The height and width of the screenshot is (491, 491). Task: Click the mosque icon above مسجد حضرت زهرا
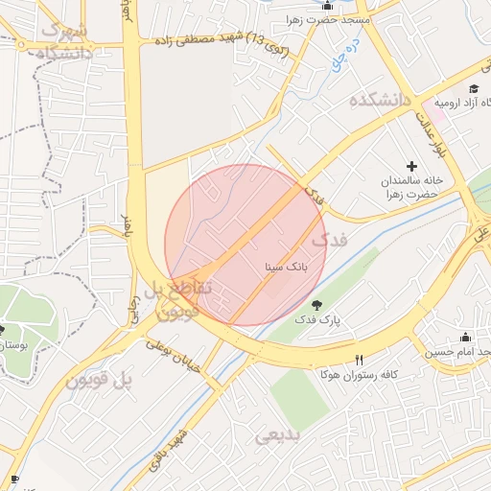click(x=328, y=5)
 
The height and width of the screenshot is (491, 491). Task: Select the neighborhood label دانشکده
click(x=380, y=100)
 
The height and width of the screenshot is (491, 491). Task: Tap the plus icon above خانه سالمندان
click(x=412, y=167)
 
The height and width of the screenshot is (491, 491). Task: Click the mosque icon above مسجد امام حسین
click(x=466, y=337)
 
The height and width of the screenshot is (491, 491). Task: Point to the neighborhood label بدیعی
click(x=278, y=435)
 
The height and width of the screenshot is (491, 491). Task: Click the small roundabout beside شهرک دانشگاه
click(x=20, y=43)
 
